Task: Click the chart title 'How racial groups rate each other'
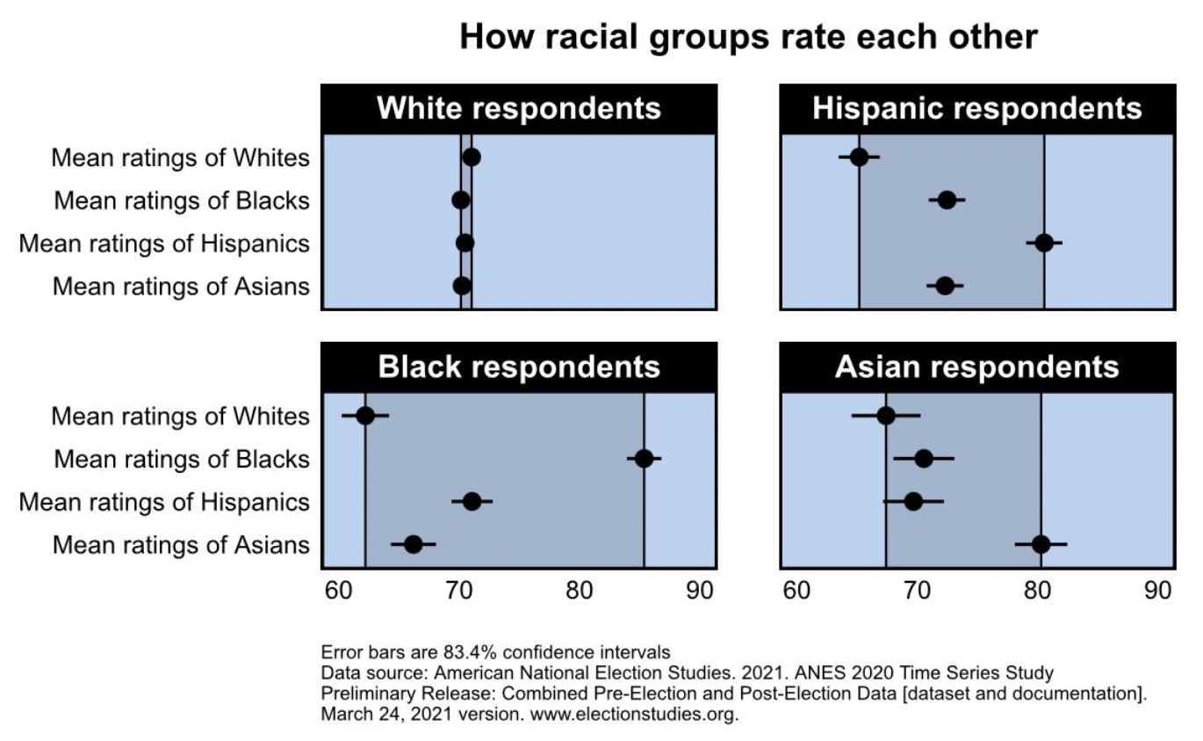pyautogui.click(x=749, y=38)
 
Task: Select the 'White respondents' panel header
pyautogui.click(x=519, y=108)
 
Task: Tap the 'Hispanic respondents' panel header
pyautogui.click(x=977, y=108)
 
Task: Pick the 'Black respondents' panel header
pyautogui.click(x=519, y=367)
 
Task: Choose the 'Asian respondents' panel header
pyautogui.click(x=977, y=367)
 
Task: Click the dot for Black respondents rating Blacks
pyautogui.click(x=644, y=459)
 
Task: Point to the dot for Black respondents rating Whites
pyautogui.click(x=365, y=416)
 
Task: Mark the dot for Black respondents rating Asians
pyautogui.click(x=413, y=544)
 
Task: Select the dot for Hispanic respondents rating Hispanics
pyautogui.click(x=1044, y=243)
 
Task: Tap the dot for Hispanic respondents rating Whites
pyautogui.click(x=859, y=157)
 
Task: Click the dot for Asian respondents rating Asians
pyautogui.click(x=1041, y=544)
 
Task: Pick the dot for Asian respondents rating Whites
pyautogui.click(x=886, y=416)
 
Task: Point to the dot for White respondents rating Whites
pyautogui.click(x=472, y=157)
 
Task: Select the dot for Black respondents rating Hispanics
pyautogui.click(x=472, y=502)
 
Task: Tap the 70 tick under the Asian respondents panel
pyautogui.click(x=918, y=590)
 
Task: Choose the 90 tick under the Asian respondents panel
pyautogui.click(x=1159, y=590)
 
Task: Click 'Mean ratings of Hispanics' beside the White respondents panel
pyautogui.click(x=164, y=243)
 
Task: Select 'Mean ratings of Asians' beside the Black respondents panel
pyautogui.click(x=181, y=545)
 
